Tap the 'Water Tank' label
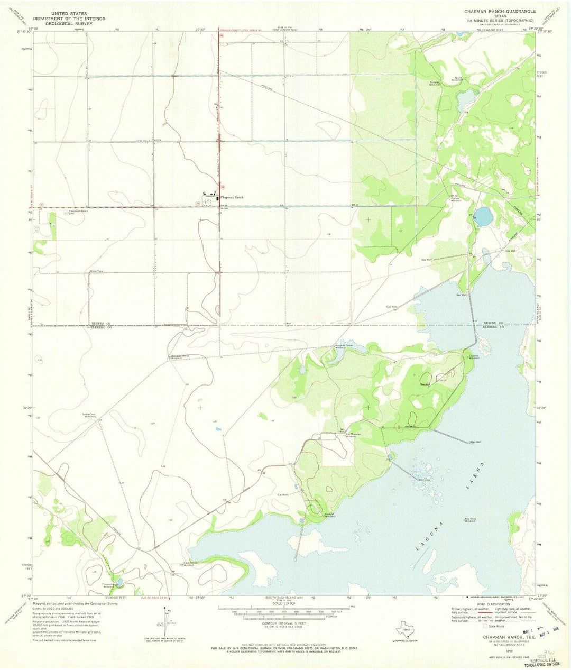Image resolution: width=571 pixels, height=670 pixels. [x=96, y=271]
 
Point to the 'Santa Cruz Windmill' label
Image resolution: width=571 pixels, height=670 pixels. [x=90, y=415]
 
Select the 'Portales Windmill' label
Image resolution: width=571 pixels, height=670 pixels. [x=435, y=83]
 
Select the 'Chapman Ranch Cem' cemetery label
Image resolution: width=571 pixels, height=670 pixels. [x=79, y=212]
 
